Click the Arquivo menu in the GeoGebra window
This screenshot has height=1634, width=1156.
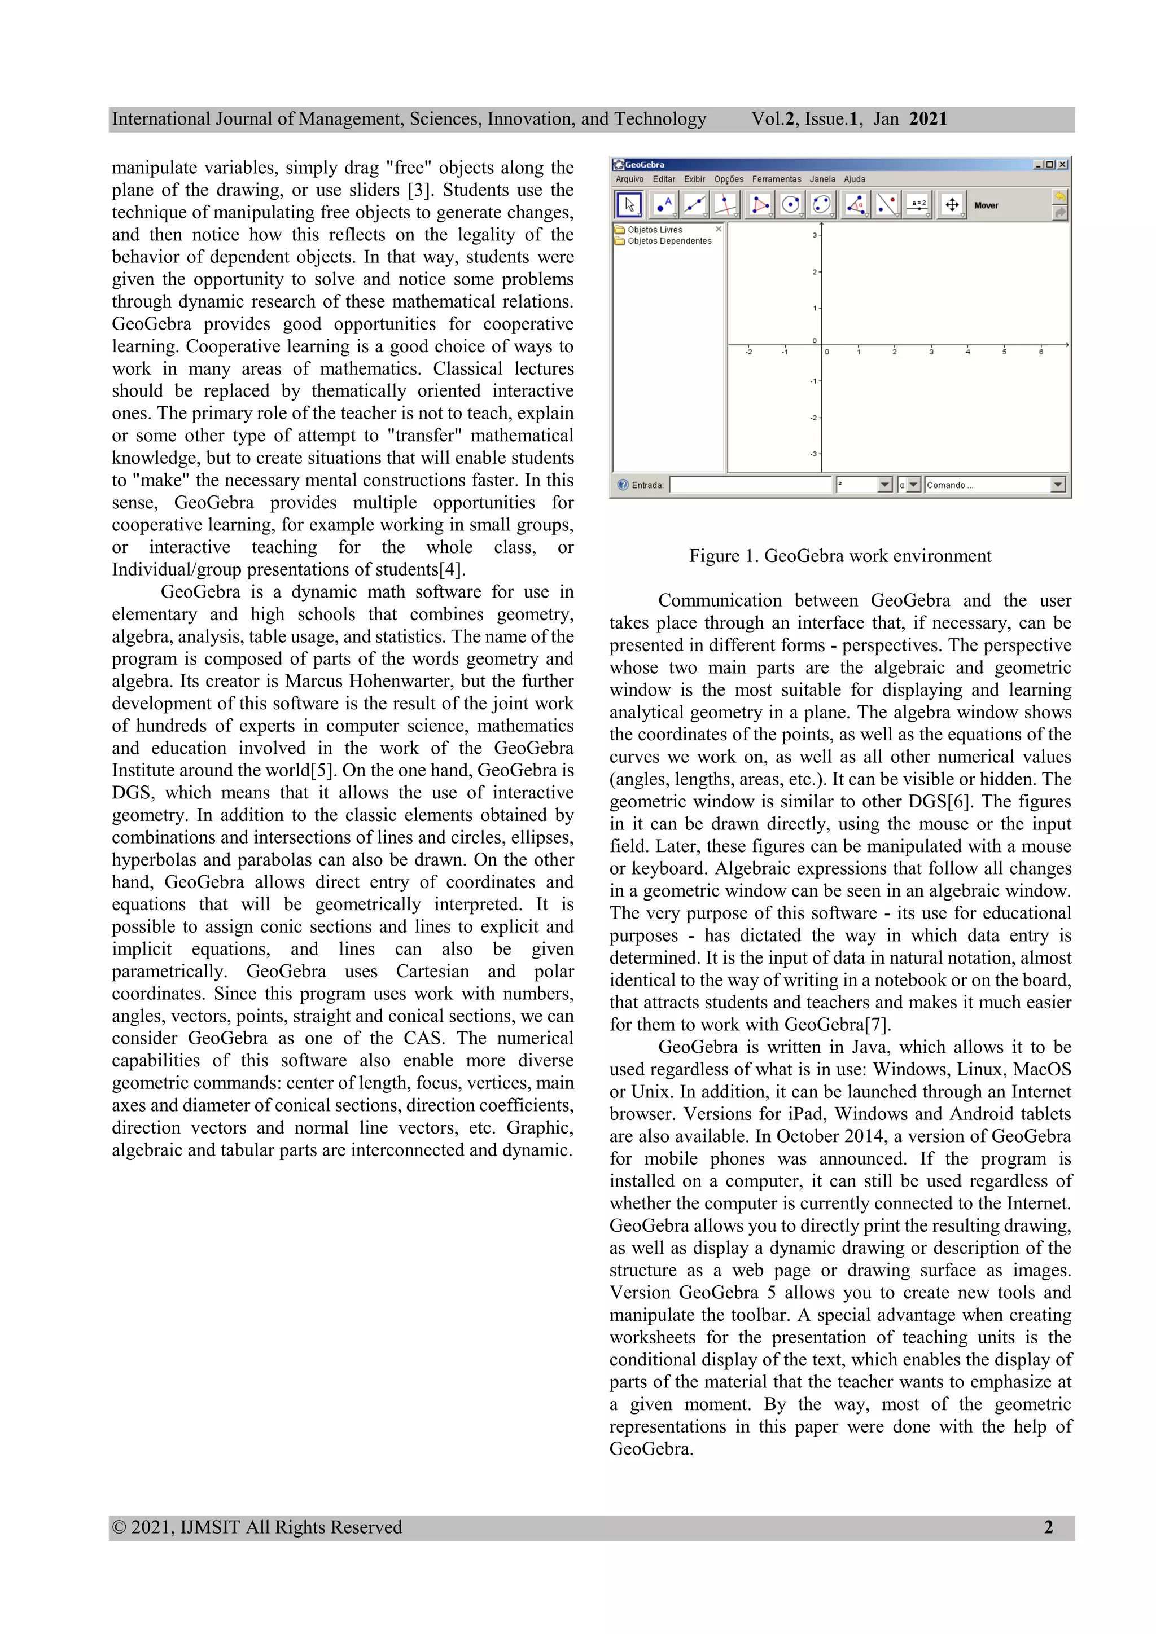coord(629,179)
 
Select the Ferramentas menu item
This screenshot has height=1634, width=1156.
coord(777,179)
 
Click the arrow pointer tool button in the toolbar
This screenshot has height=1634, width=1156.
coord(629,205)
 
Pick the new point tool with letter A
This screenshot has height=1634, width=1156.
coord(663,205)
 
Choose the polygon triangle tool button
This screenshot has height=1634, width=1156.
coord(760,205)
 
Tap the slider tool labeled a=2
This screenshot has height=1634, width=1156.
coord(919,205)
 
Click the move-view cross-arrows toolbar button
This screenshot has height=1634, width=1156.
coord(952,205)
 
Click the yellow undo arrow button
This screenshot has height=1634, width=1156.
coord(1060,196)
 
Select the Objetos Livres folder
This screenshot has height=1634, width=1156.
coord(654,230)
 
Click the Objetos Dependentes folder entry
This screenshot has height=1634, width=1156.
coord(668,241)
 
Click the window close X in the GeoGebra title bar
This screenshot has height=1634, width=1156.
coord(1063,164)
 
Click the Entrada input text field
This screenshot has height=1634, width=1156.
coord(750,485)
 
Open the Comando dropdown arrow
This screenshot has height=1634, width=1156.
coord(1058,485)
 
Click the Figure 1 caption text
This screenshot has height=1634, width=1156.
coord(840,556)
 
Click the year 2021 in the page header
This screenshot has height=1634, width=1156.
coord(927,119)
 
